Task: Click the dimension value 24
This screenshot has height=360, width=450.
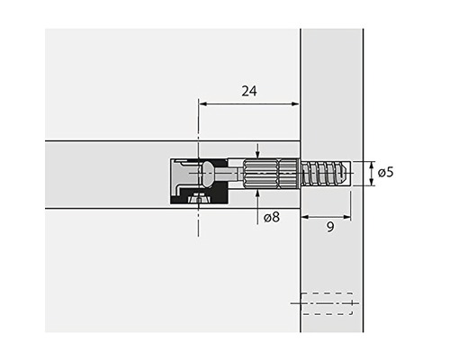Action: point(249,91)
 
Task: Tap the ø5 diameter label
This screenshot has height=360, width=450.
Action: point(384,172)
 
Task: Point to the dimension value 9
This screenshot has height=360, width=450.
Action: point(330,228)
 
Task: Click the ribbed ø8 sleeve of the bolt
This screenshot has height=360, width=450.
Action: point(269,172)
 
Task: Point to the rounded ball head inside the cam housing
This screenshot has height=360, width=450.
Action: point(207,170)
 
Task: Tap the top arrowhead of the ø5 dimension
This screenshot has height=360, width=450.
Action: point(370,163)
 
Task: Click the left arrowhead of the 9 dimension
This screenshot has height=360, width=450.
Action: point(304,215)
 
